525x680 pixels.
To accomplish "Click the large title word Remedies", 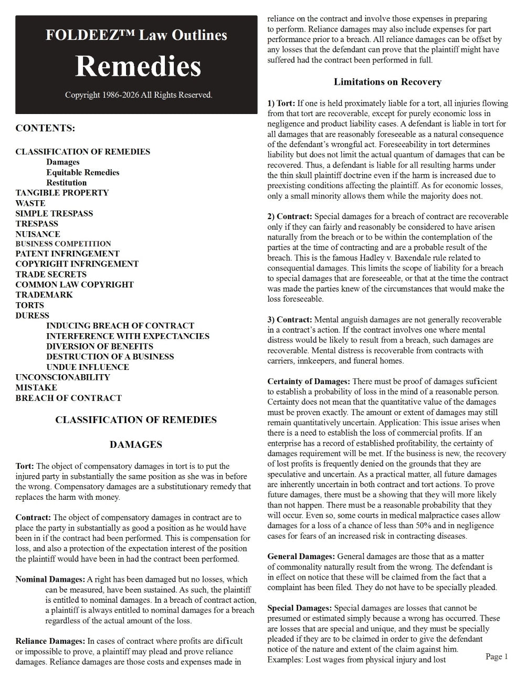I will (138, 66).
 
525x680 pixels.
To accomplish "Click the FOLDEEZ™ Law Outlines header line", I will (136, 35).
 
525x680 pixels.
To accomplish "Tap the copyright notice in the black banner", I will (139, 95).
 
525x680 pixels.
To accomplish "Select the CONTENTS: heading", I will (45, 128).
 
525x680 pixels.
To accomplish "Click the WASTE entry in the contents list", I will (30, 203).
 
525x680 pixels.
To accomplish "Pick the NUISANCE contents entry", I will (38, 234).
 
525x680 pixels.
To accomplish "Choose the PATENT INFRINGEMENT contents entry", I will (67, 254).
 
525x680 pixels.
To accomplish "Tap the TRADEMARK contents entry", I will (44, 295).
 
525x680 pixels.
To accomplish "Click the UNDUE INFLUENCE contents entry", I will (88, 367).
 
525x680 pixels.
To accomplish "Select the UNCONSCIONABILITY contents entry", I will (62, 377).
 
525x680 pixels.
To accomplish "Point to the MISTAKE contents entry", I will (36, 388).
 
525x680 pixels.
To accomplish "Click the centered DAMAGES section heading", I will (135, 445).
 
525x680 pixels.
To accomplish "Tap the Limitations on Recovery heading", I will (387, 82).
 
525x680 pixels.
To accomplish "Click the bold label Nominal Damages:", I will (50, 580).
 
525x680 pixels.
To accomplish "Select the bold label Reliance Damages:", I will (50, 641).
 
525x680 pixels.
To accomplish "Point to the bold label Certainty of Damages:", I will (309, 382).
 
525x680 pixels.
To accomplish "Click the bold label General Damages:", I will (301, 557).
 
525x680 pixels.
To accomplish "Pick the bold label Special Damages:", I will (299, 608).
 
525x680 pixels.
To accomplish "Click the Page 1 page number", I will (497, 656).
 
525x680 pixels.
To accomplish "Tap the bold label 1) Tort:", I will (281, 103).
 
